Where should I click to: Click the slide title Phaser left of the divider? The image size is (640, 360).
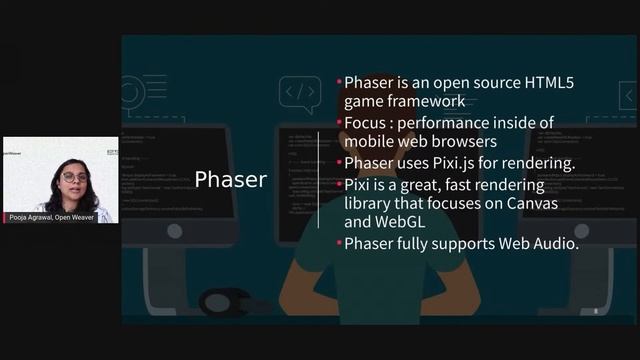click(230, 180)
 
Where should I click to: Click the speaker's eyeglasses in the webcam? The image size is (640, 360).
click(74, 177)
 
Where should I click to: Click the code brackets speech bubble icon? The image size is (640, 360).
click(299, 95)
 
